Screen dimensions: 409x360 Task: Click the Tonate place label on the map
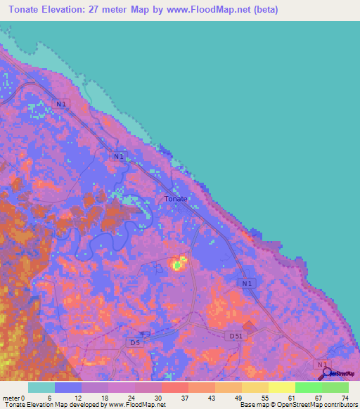pos(176,199)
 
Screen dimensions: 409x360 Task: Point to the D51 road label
pos(236,337)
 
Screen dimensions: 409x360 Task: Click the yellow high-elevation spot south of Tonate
pos(179,264)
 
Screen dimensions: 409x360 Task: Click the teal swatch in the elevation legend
pos(41,387)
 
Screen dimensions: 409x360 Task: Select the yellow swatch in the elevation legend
pos(282,387)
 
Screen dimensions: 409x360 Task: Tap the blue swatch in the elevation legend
pos(68,387)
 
